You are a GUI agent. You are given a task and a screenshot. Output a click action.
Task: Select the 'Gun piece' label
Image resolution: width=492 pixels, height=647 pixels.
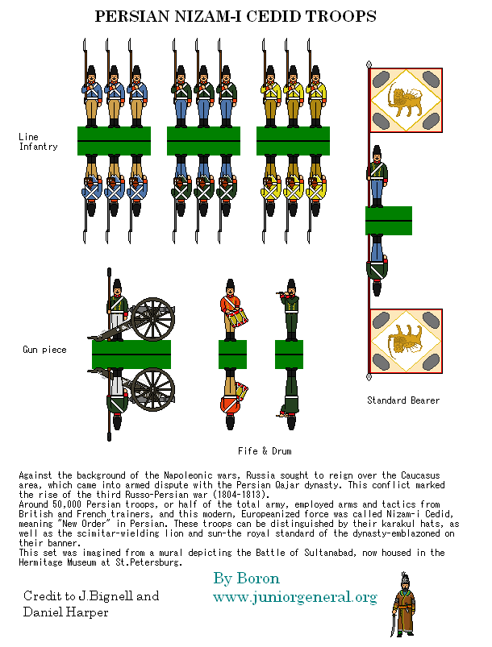pos(44,350)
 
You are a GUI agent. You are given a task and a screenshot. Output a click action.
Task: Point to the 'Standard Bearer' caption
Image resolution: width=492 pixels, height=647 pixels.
pos(403,400)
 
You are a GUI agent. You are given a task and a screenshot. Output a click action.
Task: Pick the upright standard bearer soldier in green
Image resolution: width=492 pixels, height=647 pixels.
pos(376,177)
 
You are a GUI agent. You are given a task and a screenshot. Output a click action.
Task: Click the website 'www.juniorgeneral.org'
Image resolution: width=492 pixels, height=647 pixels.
pos(294,597)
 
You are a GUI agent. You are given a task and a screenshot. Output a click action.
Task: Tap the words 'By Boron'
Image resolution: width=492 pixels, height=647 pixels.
pos(247,579)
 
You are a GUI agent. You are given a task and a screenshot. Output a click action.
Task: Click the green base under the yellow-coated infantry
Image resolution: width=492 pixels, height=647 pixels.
pos(292,141)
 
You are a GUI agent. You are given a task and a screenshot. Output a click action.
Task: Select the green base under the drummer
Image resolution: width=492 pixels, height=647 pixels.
pos(232,353)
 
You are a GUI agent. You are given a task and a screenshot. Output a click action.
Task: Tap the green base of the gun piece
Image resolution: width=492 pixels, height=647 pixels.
pos(131,354)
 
